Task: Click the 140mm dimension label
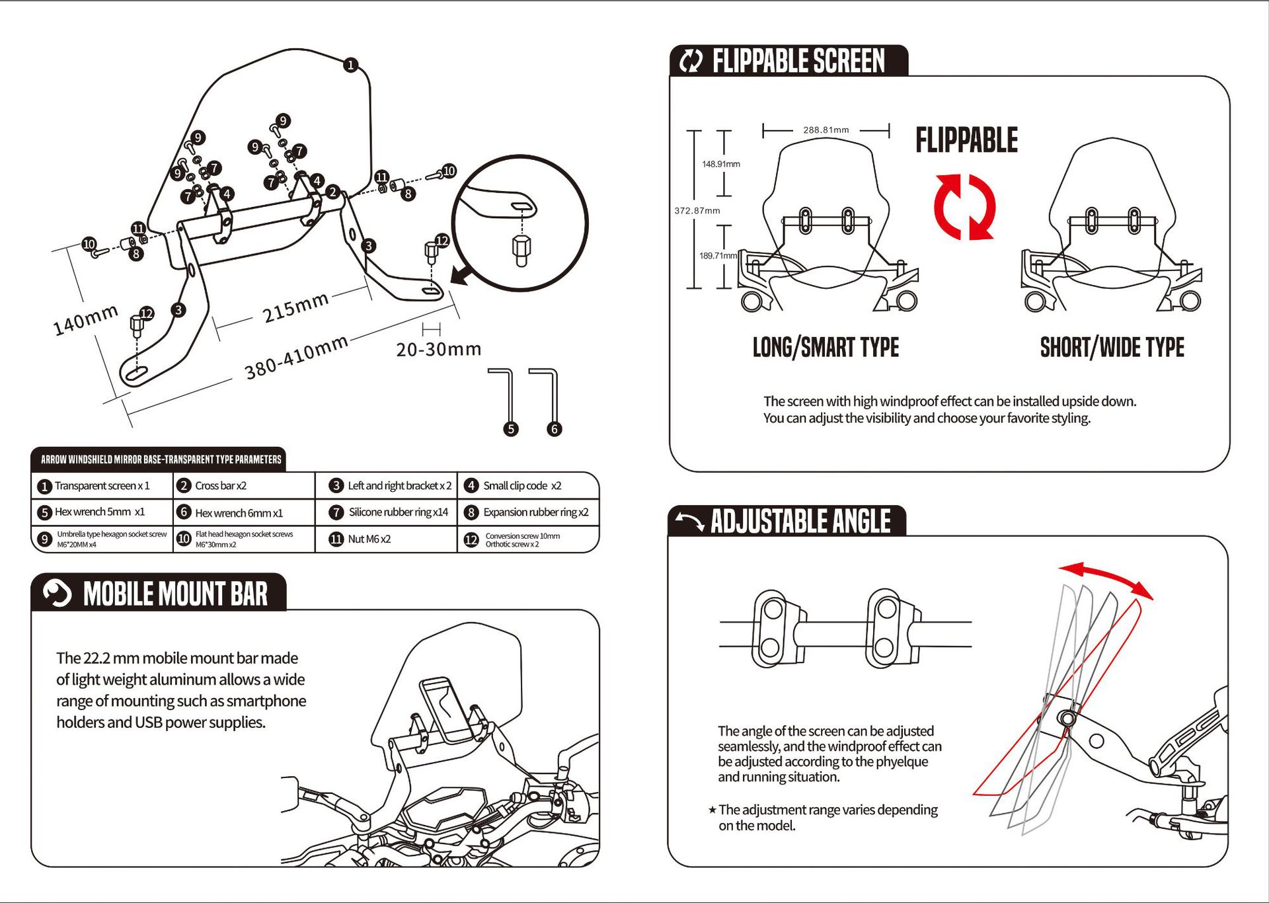[85, 320]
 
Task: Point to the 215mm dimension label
[295, 307]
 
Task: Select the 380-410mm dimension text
[296, 358]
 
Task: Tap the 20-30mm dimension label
[439, 349]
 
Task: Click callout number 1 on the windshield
[351, 65]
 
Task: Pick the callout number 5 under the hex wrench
[511, 429]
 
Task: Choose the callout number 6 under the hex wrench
[555, 429]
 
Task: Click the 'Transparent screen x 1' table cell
[102, 486]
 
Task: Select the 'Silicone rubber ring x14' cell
[398, 512]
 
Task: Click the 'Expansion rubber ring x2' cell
[535, 512]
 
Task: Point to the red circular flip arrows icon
[965, 207]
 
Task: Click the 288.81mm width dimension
[826, 130]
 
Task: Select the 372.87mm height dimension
[697, 211]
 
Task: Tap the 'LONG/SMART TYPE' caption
[826, 348]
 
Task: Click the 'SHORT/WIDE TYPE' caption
[1112, 348]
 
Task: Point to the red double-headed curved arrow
[1105, 577]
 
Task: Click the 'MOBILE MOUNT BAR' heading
[175, 594]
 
